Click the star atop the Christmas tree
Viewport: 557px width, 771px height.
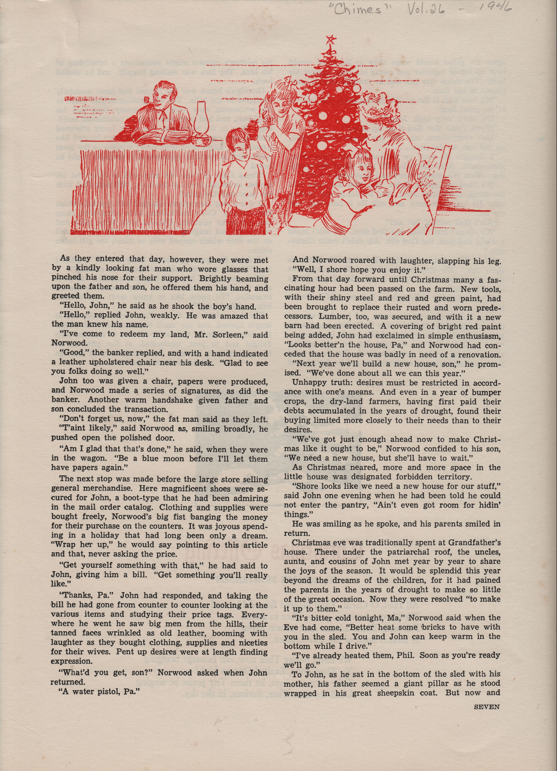(329, 40)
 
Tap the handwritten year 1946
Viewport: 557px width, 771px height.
(496, 7)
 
